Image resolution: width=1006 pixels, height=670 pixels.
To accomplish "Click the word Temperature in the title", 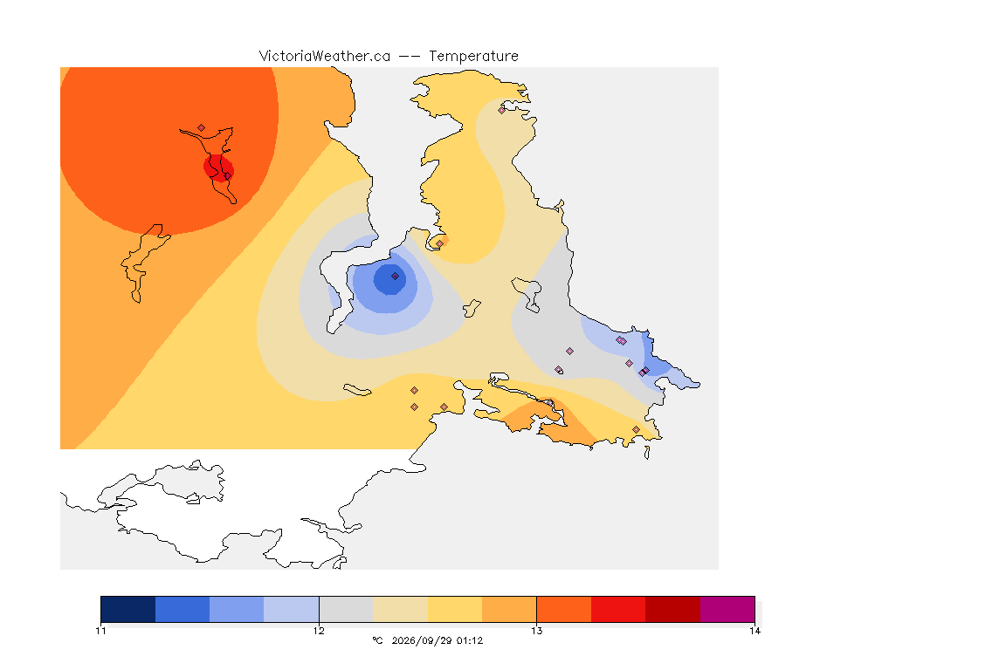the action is pyautogui.click(x=473, y=57).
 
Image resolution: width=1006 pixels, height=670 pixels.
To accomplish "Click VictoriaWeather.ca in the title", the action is pyautogui.click(x=325, y=57).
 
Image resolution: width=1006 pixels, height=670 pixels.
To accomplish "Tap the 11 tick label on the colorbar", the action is pyautogui.click(x=100, y=631).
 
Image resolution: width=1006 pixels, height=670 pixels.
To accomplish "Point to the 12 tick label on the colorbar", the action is pyautogui.click(x=319, y=631).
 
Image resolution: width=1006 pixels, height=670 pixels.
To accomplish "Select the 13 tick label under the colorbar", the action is pyautogui.click(x=536, y=631).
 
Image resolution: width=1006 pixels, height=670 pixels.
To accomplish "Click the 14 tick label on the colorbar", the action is pyautogui.click(x=754, y=631).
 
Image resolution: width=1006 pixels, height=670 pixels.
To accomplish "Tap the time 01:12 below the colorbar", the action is pyautogui.click(x=470, y=640).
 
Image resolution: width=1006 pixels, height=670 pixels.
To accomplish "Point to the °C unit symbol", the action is pyautogui.click(x=378, y=640).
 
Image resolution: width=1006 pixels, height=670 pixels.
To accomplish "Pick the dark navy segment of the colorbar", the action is pyautogui.click(x=128, y=609).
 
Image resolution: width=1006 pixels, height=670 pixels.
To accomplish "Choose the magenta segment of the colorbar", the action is pyautogui.click(x=727, y=609).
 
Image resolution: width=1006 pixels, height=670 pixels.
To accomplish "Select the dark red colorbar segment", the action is pyautogui.click(x=672, y=609).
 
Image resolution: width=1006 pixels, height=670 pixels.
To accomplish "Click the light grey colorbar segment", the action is pyautogui.click(x=346, y=609).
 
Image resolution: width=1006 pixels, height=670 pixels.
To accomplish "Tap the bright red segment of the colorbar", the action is pyautogui.click(x=618, y=609).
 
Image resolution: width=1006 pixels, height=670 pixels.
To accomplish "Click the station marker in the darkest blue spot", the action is pyautogui.click(x=396, y=277).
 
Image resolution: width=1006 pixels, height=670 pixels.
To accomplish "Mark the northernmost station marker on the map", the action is pyautogui.click(x=502, y=110).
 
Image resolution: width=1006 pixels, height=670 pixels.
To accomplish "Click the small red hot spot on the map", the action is pyautogui.click(x=219, y=168).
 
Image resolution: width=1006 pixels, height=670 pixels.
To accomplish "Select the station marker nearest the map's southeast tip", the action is pyautogui.click(x=636, y=429).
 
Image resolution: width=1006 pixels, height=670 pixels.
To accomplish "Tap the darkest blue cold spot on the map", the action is pyautogui.click(x=390, y=279).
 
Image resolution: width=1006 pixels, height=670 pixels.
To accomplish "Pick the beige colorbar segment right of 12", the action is pyautogui.click(x=400, y=609).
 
